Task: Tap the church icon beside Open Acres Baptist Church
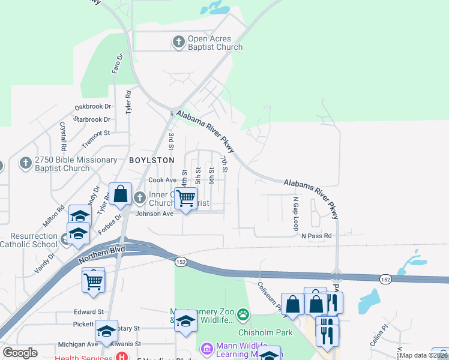(178, 42)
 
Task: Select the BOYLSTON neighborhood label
(152, 160)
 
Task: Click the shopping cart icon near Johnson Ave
(186, 197)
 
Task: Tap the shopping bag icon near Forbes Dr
(120, 193)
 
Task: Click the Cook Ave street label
(163, 180)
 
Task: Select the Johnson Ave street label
(154, 214)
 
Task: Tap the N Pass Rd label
(316, 236)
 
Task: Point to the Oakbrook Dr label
(93, 106)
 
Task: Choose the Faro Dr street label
(117, 64)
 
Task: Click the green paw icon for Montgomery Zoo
(243, 314)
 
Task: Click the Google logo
(20, 353)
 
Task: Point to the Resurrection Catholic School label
(29, 240)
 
